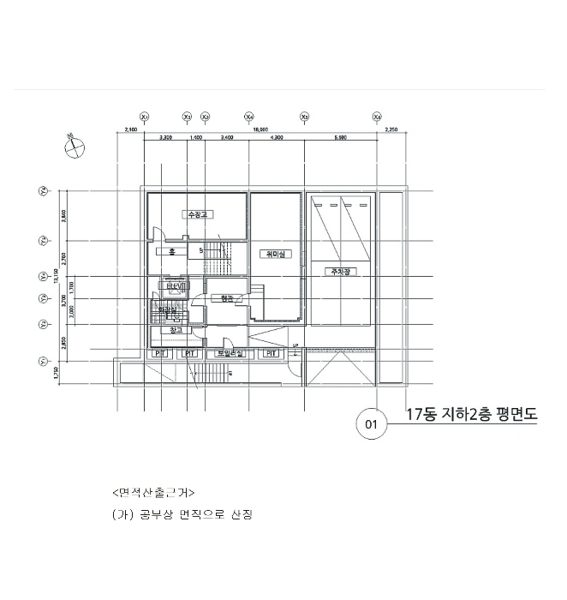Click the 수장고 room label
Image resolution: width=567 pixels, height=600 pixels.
tap(199, 213)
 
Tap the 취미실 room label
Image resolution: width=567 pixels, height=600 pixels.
tap(276, 254)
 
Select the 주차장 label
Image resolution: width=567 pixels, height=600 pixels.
tap(341, 271)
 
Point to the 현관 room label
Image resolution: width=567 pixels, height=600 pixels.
tap(226, 298)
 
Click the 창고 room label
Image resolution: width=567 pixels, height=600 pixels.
tap(176, 329)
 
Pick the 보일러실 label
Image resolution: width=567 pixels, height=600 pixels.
tap(230, 353)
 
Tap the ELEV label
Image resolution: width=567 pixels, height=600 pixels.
tap(176, 287)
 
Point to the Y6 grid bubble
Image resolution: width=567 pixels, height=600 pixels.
tap(42, 191)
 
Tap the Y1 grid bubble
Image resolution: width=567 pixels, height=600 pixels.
tap(42, 362)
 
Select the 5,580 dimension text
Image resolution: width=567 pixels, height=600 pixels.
tap(340, 137)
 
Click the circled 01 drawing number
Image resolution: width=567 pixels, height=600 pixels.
tap(372, 423)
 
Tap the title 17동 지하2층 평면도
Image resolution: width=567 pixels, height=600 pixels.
tap(470, 415)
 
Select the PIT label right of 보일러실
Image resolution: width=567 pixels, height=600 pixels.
tap(271, 353)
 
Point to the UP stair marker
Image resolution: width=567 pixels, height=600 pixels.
tap(295, 347)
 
